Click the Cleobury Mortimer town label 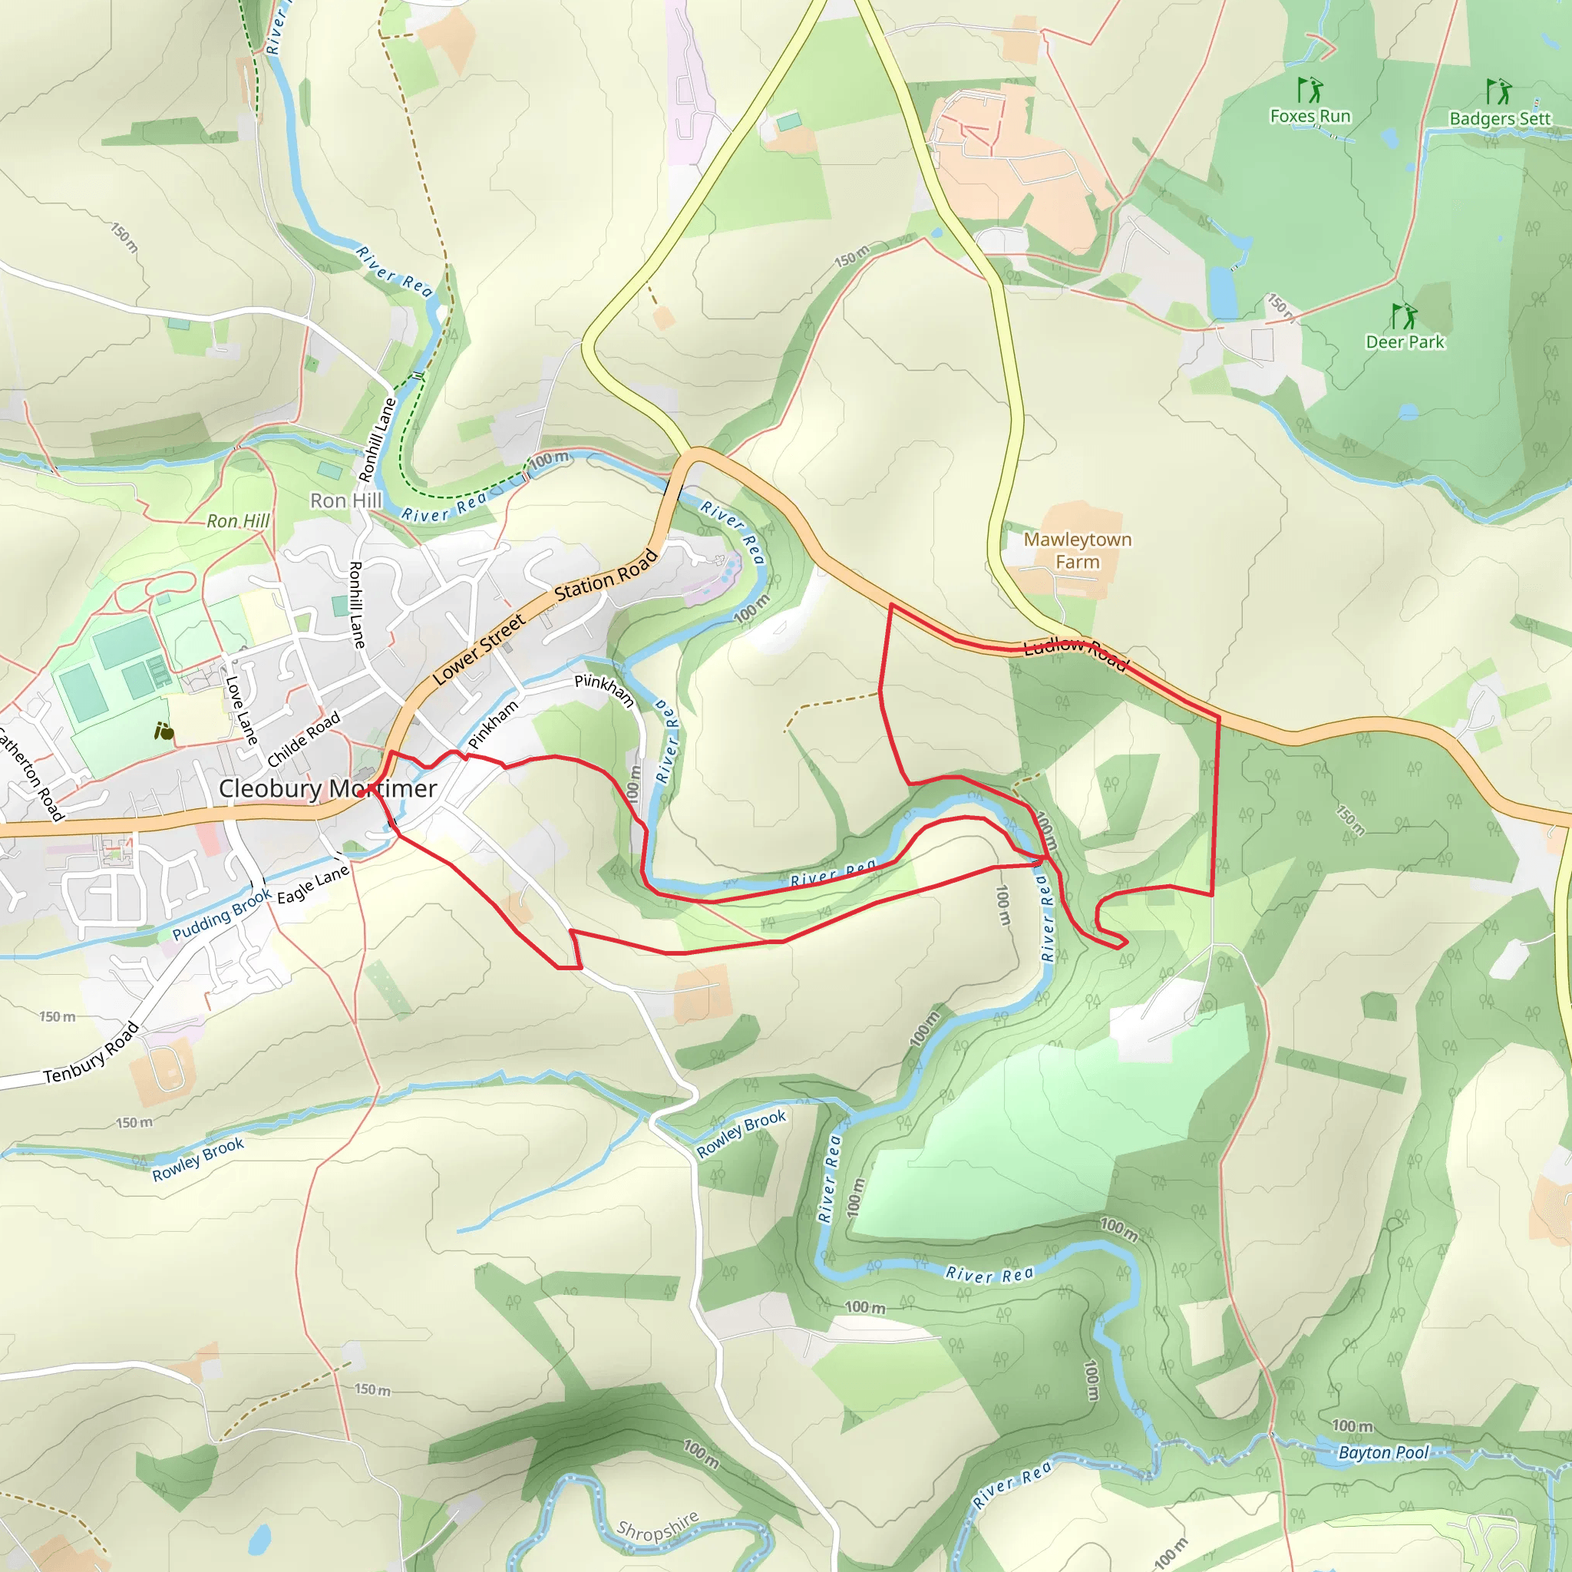[x=328, y=788]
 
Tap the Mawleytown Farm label [x=1076, y=551]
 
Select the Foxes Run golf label [x=1310, y=117]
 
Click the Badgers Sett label [x=1500, y=119]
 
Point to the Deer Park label [x=1405, y=342]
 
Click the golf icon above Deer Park [x=1404, y=315]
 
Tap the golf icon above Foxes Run [x=1309, y=90]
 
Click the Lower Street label [x=478, y=649]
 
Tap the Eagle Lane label [x=312, y=884]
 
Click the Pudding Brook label [x=221, y=914]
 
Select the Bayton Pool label [x=1383, y=1452]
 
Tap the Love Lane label [x=241, y=710]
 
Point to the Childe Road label [x=303, y=739]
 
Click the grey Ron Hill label [x=346, y=500]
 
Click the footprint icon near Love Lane [x=163, y=732]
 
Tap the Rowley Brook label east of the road [x=741, y=1134]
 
